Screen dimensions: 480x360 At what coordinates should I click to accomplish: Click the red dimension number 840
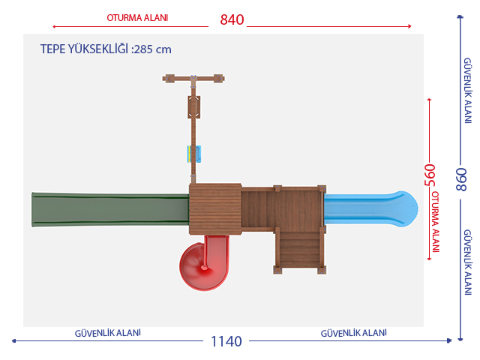[x=232, y=20]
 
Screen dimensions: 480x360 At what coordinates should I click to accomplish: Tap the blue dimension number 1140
[x=226, y=342]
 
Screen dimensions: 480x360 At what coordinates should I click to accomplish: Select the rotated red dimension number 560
[x=430, y=175]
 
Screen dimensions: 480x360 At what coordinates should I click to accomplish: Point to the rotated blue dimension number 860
[x=460, y=179]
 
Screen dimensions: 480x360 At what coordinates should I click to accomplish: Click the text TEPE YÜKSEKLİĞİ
[x=84, y=49]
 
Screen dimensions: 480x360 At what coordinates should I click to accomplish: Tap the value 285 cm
[x=153, y=49]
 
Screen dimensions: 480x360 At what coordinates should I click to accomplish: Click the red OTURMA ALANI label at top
[x=137, y=18]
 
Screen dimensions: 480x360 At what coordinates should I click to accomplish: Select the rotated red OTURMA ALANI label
[x=435, y=222]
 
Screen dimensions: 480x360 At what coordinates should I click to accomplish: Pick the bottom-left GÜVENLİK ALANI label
[x=108, y=333]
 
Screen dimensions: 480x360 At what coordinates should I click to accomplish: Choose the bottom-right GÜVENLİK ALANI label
[x=353, y=333]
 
